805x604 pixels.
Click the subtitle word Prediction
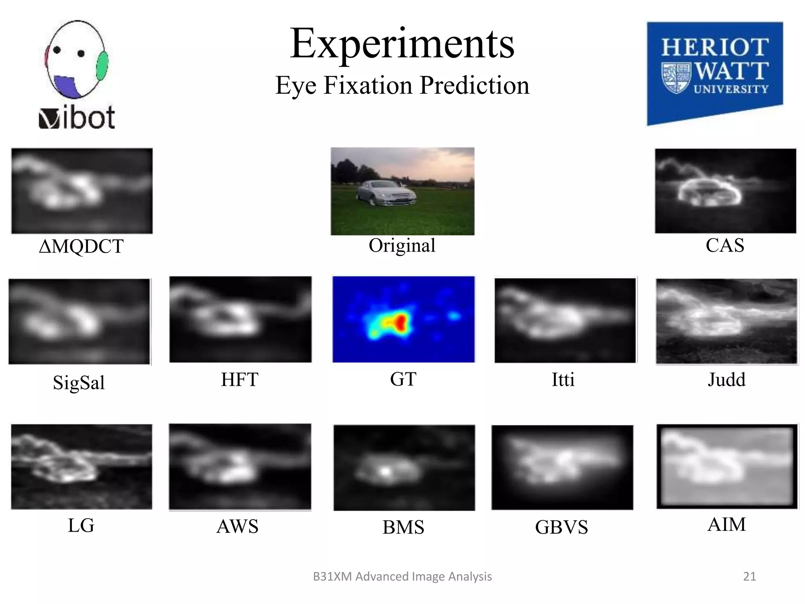tap(474, 85)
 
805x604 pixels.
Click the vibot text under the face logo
tap(77, 118)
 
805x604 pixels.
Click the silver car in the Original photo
tap(385, 193)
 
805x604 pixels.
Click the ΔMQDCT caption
tap(81, 247)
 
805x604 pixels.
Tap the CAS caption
tap(725, 245)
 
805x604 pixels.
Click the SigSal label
tap(79, 383)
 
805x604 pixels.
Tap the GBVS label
tap(561, 527)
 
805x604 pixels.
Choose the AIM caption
tap(726, 524)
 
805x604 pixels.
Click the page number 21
tap(749, 576)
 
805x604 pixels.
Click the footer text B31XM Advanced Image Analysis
tap(402, 576)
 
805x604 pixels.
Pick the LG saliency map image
tap(82, 467)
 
